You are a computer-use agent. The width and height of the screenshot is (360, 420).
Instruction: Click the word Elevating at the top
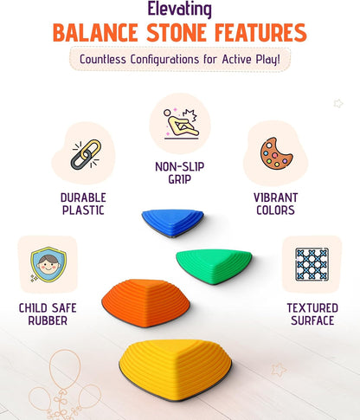pyautogui.click(x=180, y=10)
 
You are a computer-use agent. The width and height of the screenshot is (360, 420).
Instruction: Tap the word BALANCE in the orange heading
pyautogui.click(x=100, y=34)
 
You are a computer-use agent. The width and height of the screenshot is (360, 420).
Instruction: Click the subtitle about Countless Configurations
pyautogui.click(x=179, y=60)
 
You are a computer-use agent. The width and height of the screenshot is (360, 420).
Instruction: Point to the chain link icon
pyautogui.click(x=84, y=156)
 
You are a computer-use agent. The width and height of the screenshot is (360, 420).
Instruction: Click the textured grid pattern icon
pyautogui.click(x=311, y=263)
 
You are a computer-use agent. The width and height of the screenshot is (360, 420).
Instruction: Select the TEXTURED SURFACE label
pyautogui.click(x=311, y=313)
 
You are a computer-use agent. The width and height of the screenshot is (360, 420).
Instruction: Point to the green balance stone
pyautogui.click(x=212, y=262)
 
